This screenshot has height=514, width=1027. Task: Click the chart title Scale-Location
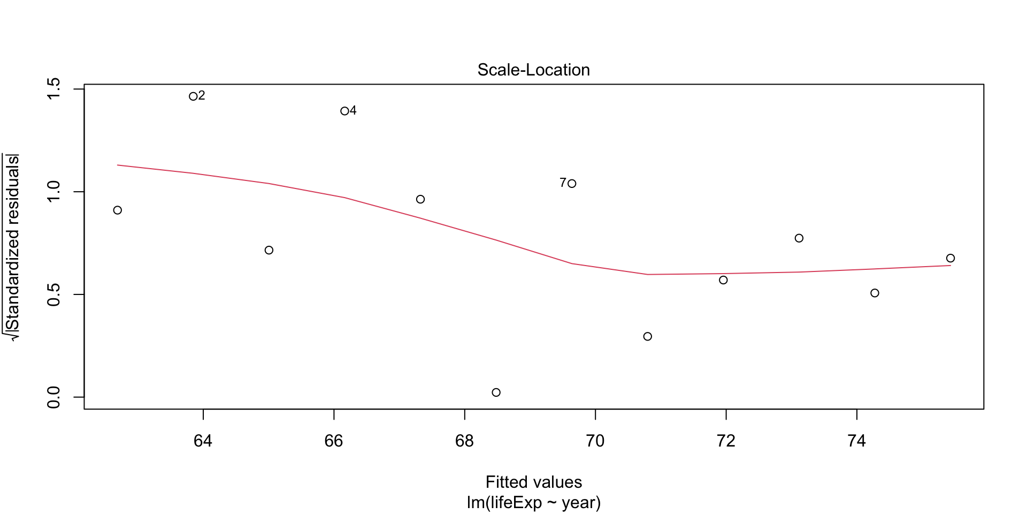point(533,70)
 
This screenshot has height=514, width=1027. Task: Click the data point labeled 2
point(193,96)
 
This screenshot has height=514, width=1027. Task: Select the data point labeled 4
point(344,111)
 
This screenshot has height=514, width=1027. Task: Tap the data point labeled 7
point(572,184)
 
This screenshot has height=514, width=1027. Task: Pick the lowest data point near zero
point(496,392)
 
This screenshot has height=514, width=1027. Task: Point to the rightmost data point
point(951,258)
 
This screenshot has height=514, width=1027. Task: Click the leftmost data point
point(118,210)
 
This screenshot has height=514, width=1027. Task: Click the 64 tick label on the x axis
point(203,441)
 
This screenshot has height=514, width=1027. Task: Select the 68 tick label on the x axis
point(464,441)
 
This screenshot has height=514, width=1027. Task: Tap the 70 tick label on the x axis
point(595,441)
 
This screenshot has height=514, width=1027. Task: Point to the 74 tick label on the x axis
point(856,441)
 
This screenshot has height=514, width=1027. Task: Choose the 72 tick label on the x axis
point(726,441)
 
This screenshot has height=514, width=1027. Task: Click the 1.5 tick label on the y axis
point(54,89)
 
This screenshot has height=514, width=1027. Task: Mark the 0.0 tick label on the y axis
point(54,397)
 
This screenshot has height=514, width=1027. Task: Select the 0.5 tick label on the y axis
point(54,294)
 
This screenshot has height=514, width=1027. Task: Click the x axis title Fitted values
point(533,482)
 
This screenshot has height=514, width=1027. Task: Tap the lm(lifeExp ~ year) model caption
point(533,503)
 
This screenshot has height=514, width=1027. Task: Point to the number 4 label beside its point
point(353,110)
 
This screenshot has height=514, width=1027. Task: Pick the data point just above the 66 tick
point(344,111)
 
